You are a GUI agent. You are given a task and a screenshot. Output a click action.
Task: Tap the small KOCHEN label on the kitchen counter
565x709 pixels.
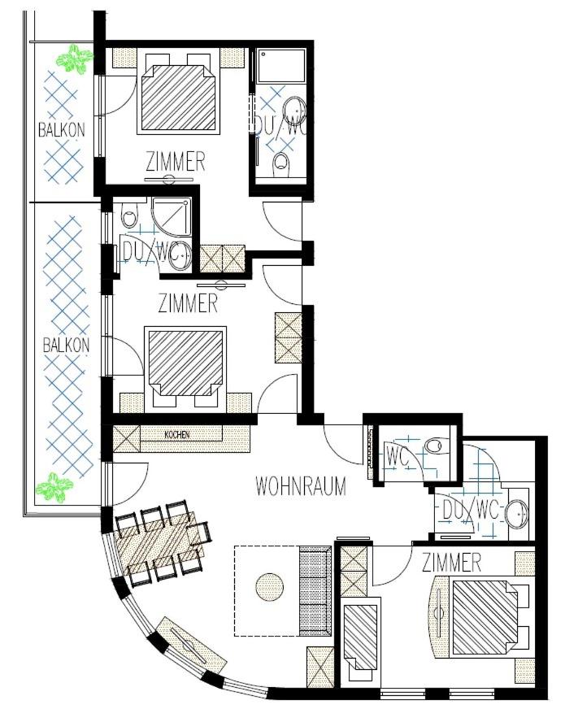click(x=176, y=435)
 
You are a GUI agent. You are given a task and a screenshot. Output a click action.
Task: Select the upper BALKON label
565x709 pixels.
click(x=61, y=130)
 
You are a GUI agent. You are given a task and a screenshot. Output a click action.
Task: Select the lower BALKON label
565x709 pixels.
click(x=66, y=346)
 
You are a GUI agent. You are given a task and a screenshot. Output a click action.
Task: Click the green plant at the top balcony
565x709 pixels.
click(x=74, y=58)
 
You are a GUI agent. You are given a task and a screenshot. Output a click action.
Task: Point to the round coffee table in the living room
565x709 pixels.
click(x=270, y=587)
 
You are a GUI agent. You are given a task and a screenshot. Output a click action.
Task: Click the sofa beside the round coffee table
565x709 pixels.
click(x=315, y=591)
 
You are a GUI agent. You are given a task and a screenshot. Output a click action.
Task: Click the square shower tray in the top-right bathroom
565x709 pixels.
click(x=281, y=65)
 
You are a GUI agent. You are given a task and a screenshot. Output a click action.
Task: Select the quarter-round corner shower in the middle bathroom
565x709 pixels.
click(x=172, y=216)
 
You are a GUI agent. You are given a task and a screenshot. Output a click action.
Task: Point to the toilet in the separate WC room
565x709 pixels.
click(x=432, y=446)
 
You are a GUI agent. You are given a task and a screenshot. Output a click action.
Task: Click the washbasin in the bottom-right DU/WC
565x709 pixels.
click(x=516, y=514)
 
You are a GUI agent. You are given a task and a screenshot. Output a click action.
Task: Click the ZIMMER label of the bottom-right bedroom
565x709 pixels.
click(x=451, y=563)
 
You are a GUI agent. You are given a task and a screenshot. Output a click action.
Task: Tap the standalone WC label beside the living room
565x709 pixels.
click(x=397, y=456)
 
